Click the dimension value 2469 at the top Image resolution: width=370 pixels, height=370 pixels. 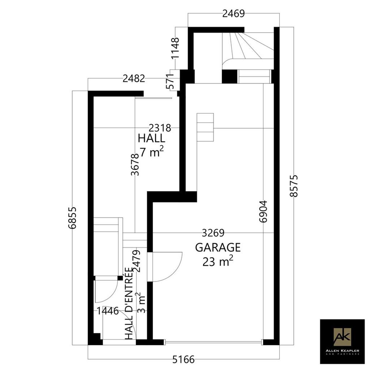coord(233,14)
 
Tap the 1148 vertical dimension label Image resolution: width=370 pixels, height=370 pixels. coord(175,48)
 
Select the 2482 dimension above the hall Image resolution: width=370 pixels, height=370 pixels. coord(134,79)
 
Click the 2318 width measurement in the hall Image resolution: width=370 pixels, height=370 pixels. coord(160,128)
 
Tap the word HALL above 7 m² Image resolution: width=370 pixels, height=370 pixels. coord(151,138)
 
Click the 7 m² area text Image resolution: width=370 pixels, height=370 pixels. coord(152,153)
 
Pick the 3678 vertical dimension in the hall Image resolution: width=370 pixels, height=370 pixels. coord(135,165)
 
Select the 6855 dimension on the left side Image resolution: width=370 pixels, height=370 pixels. coord(72,218)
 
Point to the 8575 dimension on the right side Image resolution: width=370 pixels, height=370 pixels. coord(294,186)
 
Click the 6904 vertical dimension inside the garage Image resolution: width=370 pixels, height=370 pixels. coord(263,212)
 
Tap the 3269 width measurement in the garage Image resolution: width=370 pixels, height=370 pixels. coord(213,233)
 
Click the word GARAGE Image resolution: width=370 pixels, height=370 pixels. coord(218,248)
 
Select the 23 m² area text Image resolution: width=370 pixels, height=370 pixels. coord(218,261)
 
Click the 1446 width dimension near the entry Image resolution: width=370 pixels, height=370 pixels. coord(108,311)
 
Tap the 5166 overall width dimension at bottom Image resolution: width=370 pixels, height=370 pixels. coord(183,359)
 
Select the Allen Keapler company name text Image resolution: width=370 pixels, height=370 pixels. coord(342,350)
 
